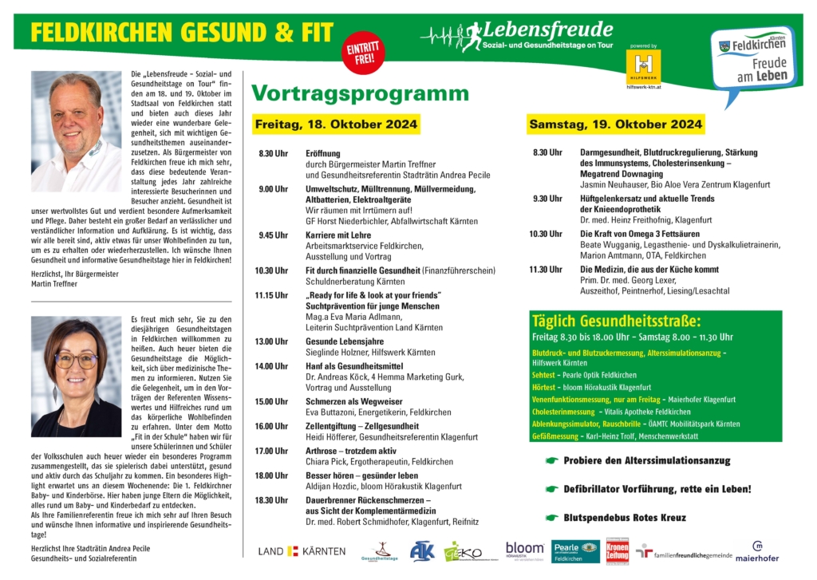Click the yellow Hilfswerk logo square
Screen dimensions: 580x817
click(x=644, y=65)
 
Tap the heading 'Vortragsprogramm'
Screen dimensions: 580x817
click(x=360, y=93)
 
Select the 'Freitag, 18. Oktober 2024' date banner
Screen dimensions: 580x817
click(x=335, y=125)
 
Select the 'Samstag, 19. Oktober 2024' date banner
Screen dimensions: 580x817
click(x=615, y=124)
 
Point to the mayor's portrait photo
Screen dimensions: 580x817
click(x=77, y=131)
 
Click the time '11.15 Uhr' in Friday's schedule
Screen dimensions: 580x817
click(x=271, y=295)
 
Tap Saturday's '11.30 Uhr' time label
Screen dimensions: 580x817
click(x=547, y=270)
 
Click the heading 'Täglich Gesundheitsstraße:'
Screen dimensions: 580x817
click(x=616, y=322)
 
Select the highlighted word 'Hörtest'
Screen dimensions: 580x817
click(x=545, y=387)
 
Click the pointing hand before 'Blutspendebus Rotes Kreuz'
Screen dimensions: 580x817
click(x=551, y=517)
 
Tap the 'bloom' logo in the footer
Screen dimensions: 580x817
click(x=524, y=549)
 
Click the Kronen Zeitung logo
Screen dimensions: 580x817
click(x=618, y=550)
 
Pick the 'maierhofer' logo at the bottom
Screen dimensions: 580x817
click(x=756, y=552)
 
